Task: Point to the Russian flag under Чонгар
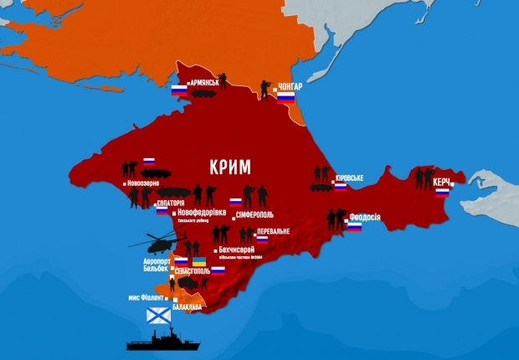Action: (286, 98)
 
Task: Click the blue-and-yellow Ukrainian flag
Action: (199, 262)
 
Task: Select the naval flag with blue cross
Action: (159, 315)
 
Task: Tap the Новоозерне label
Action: (147, 183)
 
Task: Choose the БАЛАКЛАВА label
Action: (188, 307)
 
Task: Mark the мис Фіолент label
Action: (150, 298)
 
